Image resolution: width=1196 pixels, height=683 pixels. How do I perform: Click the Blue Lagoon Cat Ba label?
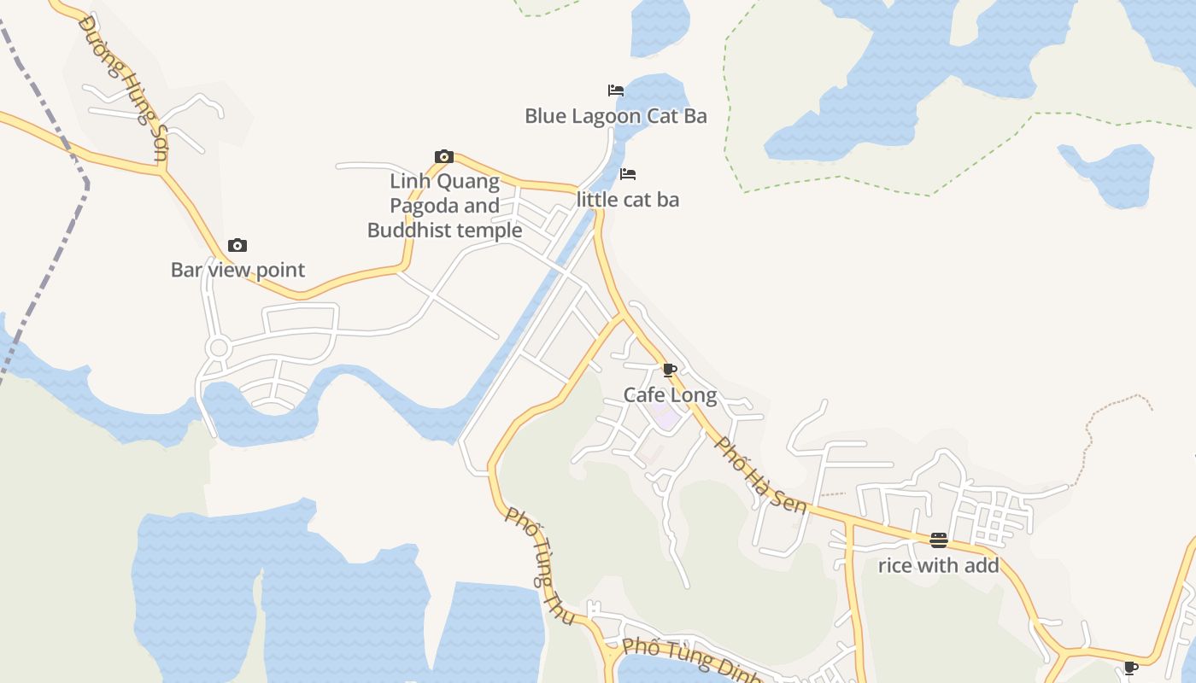[x=615, y=116]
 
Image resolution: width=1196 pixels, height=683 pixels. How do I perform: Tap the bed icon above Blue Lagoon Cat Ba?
[x=615, y=90]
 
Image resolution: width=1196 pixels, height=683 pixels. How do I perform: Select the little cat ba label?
[x=628, y=200]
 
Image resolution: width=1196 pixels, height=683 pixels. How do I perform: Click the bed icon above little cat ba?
[x=628, y=174]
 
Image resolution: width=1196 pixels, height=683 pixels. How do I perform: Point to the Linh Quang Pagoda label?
[x=444, y=206]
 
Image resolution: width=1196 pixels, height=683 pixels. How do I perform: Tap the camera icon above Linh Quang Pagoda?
[x=443, y=156]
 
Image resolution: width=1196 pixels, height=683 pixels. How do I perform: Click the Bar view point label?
[x=237, y=271]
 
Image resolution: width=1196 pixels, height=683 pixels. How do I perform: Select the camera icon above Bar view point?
[x=237, y=246]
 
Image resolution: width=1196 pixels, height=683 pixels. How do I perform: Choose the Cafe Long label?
[x=670, y=395]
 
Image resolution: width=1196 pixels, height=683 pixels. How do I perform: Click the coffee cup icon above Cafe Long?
[x=670, y=371]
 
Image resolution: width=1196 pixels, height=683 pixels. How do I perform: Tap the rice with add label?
[x=938, y=565]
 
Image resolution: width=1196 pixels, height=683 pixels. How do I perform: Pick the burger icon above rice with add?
[x=938, y=540]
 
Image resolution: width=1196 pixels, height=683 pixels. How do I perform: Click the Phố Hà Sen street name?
[x=760, y=476]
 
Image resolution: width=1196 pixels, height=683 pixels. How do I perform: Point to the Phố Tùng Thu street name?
[x=540, y=564]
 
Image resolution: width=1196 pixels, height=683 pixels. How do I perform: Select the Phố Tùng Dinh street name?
[x=692, y=659]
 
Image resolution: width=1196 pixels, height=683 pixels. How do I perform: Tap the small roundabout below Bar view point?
[x=218, y=348]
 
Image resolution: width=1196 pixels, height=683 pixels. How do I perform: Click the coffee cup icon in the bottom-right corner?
[x=1131, y=668]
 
